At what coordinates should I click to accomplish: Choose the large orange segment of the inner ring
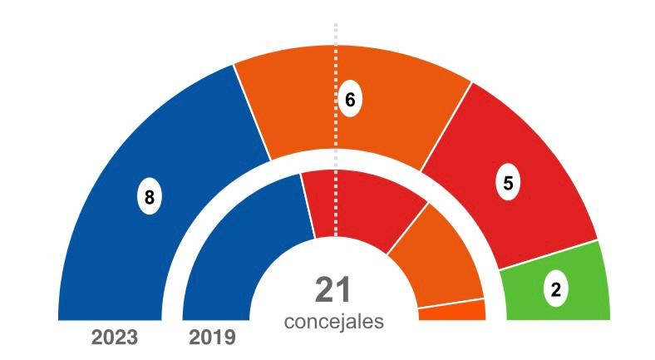(x=436, y=258)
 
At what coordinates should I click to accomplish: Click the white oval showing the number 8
(x=149, y=198)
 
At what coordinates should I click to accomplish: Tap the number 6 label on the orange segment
(x=350, y=100)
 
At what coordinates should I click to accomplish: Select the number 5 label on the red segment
(x=508, y=184)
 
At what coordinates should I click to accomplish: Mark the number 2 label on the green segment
(x=555, y=289)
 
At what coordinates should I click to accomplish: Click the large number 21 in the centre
(x=333, y=289)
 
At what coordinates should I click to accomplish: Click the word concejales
(x=333, y=320)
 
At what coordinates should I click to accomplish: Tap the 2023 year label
(x=114, y=338)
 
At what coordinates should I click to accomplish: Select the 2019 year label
(x=212, y=338)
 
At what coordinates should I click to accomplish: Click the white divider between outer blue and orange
(x=252, y=112)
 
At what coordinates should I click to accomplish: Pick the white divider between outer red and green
(x=549, y=255)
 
